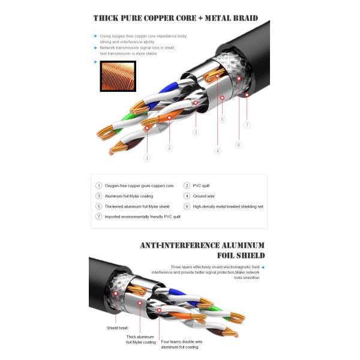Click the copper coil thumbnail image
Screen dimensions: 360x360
pos(118,76)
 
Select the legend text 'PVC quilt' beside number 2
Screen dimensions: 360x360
pos(202,186)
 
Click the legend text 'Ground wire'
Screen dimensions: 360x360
pos(205,196)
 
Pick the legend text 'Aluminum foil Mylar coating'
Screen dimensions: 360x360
pos(129,196)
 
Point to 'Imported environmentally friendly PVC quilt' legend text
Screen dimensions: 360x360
pos(143,217)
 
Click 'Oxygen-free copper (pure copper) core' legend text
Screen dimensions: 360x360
pos(139,186)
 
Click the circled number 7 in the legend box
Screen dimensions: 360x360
pos(99,217)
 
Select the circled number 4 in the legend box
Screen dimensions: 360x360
pos(187,196)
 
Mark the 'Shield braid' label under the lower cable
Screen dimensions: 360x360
pos(117,328)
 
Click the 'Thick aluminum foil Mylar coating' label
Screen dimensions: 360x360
pos(141,340)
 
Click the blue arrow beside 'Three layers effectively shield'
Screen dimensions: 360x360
pos(262,266)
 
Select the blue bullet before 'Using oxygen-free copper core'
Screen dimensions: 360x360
pos(95,35)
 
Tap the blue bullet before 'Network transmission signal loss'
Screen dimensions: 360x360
pos(95,47)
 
